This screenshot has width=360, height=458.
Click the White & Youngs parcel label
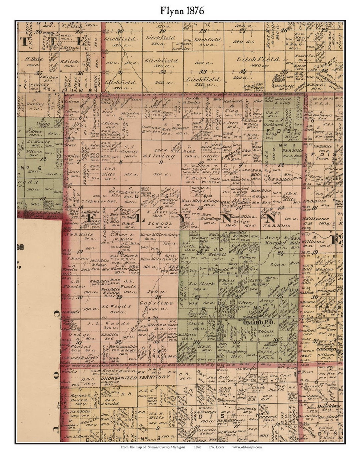(x=206, y=410)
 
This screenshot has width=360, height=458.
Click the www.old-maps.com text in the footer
(x=247, y=447)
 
